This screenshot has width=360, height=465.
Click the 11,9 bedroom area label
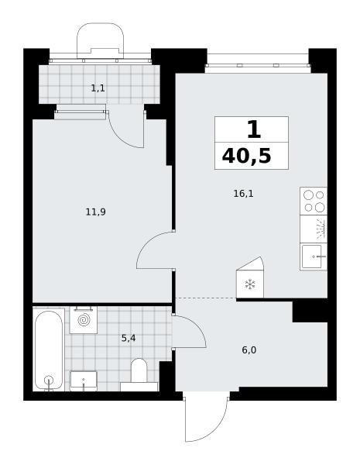(x=96, y=212)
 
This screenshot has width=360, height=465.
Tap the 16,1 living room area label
(x=244, y=194)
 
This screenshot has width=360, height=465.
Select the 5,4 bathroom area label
(x=129, y=338)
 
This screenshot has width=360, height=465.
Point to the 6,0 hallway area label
(x=249, y=350)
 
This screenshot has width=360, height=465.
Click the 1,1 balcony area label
(x=98, y=88)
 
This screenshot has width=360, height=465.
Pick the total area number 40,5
(x=246, y=156)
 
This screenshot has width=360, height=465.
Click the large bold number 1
(x=254, y=130)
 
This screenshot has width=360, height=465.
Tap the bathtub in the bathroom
(x=49, y=350)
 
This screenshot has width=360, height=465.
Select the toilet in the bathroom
(x=139, y=374)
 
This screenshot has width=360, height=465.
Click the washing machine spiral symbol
(x=84, y=319)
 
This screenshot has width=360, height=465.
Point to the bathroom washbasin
(x=84, y=381)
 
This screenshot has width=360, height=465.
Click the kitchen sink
(x=312, y=257)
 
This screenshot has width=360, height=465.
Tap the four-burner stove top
(x=314, y=201)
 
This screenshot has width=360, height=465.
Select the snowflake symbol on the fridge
(x=250, y=284)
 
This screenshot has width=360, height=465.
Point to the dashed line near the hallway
(x=206, y=298)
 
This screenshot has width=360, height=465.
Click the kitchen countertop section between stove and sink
(x=314, y=229)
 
